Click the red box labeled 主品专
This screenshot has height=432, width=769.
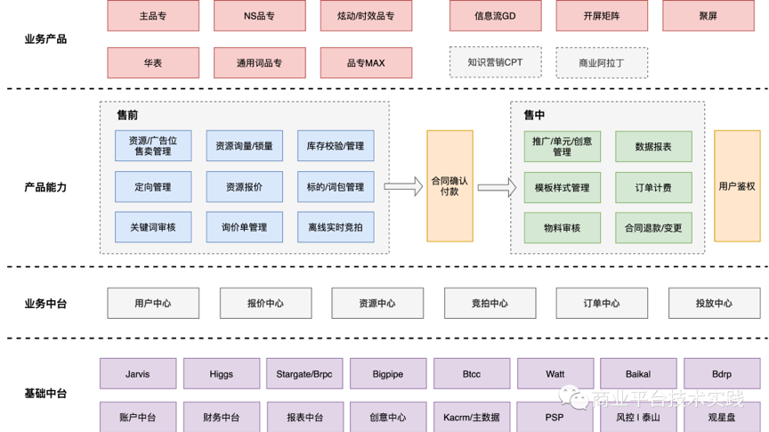click(x=152, y=16)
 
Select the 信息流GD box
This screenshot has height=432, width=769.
click(x=496, y=16)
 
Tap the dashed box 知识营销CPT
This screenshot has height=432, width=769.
click(x=495, y=62)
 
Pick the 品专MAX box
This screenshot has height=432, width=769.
click(x=366, y=63)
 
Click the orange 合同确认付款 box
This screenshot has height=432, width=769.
click(x=449, y=186)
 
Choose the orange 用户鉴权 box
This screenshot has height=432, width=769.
click(x=737, y=186)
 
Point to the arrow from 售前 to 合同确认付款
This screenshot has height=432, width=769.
click(x=403, y=186)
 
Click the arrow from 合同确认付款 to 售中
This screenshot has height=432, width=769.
click(x=497, y=187)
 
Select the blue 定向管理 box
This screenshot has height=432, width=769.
click(x=153, y=187)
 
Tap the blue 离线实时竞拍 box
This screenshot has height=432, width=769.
click(x=336, y=227)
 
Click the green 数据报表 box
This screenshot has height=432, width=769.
click(x=653, y=146)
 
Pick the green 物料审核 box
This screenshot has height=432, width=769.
click(x=562, y=227)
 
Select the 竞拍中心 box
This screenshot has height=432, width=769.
click(x=490, y=303)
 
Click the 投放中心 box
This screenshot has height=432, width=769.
click(x=713, y=303)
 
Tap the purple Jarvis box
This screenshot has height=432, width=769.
click(x=138, y=374)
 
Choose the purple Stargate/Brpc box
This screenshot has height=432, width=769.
click(x=304, y=374)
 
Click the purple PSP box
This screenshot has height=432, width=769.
click(x=554, y=417)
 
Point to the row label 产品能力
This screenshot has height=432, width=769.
click(x=45, y=187)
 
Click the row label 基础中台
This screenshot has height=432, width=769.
click(x=45, y=394)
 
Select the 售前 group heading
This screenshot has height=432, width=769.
click(x=127, y=115)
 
